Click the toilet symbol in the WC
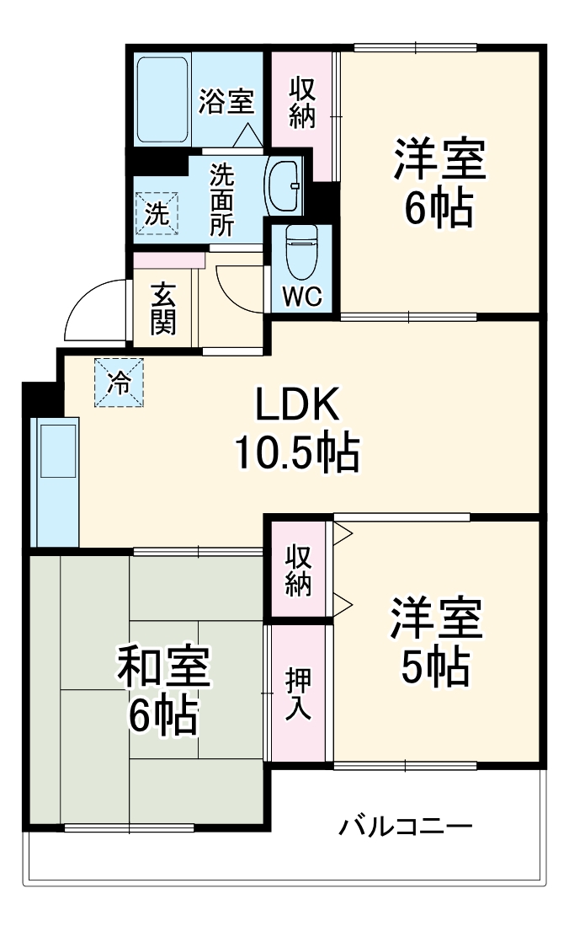(x=300, y=250)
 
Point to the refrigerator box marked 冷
(x=119, y=383)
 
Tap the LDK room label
(x=297, y=406)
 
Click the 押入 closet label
(x=299, y=693)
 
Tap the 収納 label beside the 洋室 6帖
(x=302, y=103)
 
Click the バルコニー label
(x=405, y=826)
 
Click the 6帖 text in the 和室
(x=162, y=716)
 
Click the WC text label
(x=301, y=297)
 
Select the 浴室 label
(x=226, y=102)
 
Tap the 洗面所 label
(x=222, y=200)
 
